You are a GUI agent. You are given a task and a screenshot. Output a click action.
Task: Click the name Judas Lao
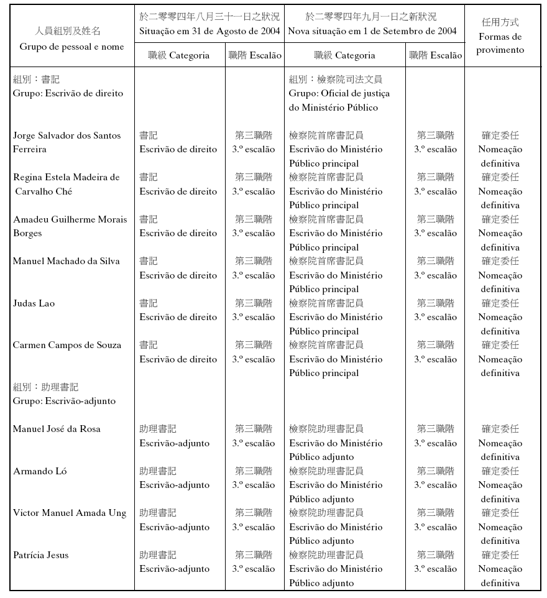(x=34, y=303)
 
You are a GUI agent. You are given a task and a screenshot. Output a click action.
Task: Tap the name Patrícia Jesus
(x=40, y=555)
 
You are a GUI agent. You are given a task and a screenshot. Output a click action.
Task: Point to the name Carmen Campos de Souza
(x=67, y=345)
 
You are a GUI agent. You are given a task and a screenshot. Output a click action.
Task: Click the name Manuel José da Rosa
(x=57, y=429)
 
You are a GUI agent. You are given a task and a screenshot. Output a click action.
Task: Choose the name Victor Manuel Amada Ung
(x=70, y=513)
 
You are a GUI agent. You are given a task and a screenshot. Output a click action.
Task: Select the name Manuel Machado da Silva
(x=66, y=261)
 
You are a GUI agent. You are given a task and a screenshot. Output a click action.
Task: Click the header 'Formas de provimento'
(x=500, y=44)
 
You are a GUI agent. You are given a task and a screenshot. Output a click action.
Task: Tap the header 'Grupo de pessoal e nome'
(x=71, y=47)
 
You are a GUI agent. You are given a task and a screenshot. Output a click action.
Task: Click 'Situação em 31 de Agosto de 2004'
(x=209, y=31)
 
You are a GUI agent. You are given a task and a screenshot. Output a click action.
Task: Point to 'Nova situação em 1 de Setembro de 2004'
(x=373, y=31)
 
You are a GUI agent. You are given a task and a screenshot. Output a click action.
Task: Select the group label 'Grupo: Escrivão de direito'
(x=68, y=93)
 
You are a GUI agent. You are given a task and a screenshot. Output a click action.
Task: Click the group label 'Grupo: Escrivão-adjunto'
(x=64, y=401)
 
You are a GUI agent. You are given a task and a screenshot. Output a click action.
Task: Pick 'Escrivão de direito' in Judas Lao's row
(x=178, y=317)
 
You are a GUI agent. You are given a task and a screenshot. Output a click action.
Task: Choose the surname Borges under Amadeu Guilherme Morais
(x=27, y=233)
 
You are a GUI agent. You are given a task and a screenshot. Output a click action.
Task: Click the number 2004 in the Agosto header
(x=269, y=31)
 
